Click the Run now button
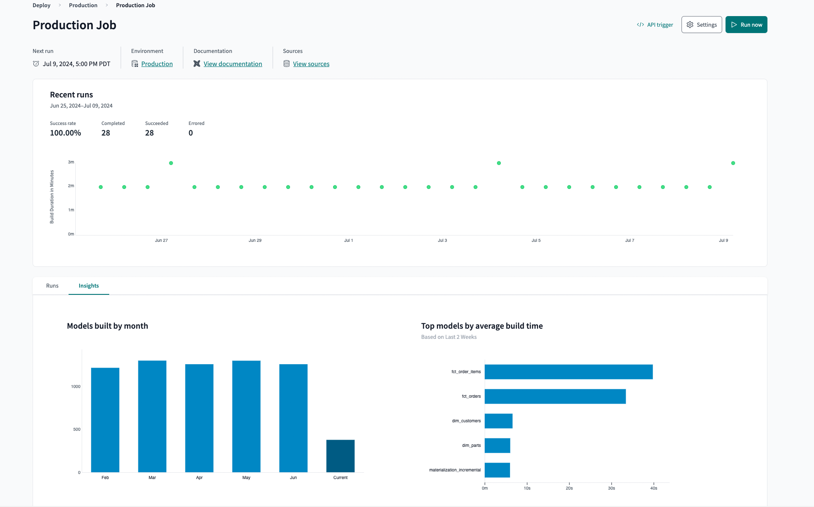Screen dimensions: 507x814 746,25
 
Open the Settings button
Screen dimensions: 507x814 701,25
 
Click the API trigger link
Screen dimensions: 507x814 655,25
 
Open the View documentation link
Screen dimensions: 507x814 232,64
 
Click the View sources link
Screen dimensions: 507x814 311,64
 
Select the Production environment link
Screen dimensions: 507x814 157,64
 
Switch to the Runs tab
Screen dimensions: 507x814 52,286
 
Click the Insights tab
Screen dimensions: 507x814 88,286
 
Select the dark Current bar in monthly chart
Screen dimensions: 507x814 340,456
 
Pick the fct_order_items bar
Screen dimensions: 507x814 568,372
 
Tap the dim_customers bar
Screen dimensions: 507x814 498,421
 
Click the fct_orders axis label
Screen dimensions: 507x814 471,396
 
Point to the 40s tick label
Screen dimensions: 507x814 654,488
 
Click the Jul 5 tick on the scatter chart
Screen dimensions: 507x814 536,240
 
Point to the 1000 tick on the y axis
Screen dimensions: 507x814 75,387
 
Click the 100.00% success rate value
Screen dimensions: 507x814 65,133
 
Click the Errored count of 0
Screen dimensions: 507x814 190,133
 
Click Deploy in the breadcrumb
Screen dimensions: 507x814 41,5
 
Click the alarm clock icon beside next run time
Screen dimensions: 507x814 36,64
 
